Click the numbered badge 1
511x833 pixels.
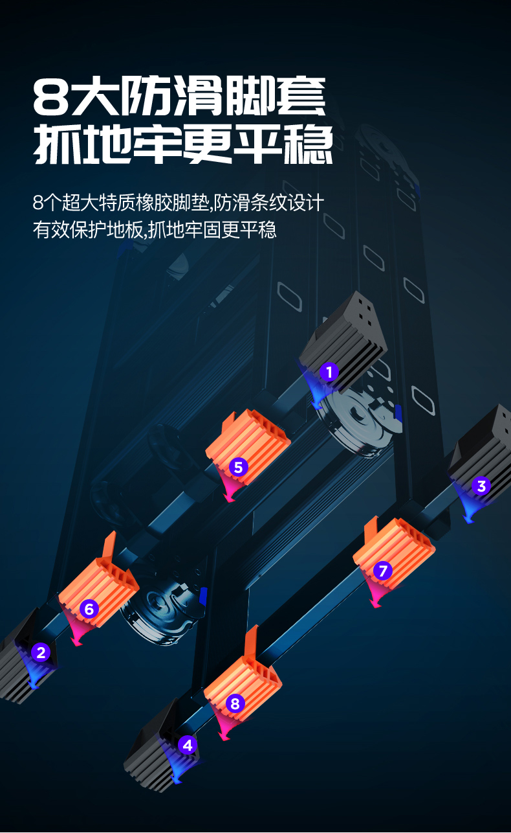(x=329, y=372)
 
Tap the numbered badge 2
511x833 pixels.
(x=41, y=652)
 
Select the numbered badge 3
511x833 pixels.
(x=481, y=486)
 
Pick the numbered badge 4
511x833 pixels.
(x=188, y=745)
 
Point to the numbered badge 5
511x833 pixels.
(x=238, y=466)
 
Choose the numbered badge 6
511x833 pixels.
(x=89, y=609)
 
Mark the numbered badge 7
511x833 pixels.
(x=383, y=571)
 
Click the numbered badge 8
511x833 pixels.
(x=235, y=703)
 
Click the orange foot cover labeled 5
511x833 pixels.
(x=249, y=440)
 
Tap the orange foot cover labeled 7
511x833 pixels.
(x=395, y=547)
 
